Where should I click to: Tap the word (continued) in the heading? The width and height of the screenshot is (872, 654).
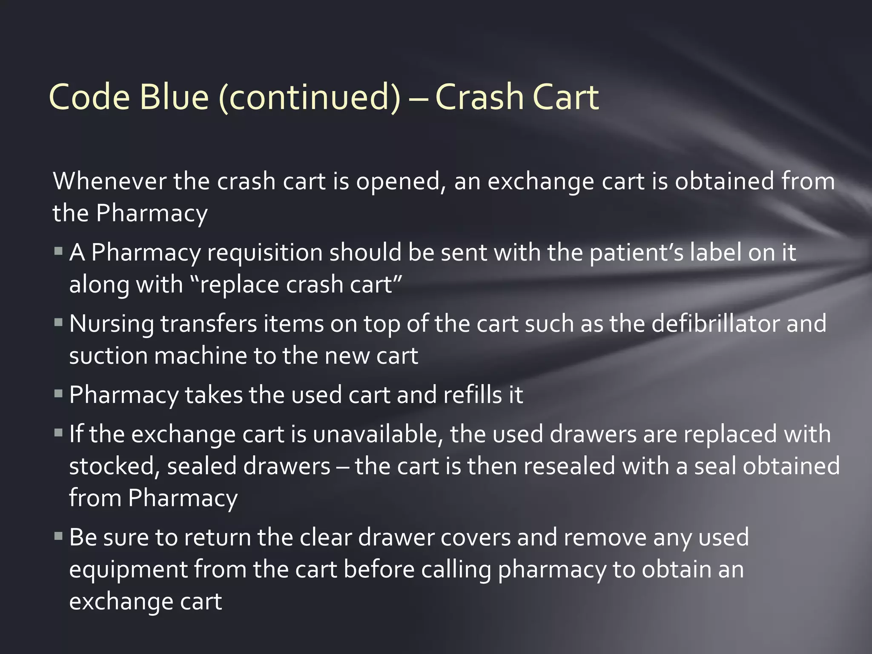click(x=310, y=98)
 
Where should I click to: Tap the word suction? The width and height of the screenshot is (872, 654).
click(x=108, y=356)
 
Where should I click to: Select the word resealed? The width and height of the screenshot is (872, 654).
click(x=569, y=466)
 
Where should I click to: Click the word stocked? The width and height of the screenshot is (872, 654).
click(x=114, y=467)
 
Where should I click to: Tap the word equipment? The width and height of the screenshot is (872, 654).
click(x=128, y=570)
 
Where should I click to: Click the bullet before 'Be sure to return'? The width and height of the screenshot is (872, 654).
click(x=59, y=536)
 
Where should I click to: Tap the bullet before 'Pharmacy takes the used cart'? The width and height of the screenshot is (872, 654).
click(x=59, y=393)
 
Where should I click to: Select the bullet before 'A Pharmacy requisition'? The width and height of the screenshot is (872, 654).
click(x=59, y=251)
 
